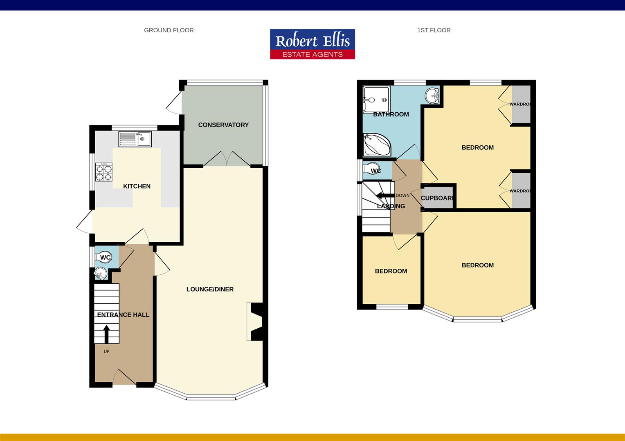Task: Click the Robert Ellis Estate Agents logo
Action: click(x=312, y=44)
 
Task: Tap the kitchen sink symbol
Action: click(x=135, y=139)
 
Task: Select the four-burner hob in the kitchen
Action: click(x=104, y=172)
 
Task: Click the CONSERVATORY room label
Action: click(x=223, y=125)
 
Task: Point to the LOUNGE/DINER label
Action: click(x=210, y=289)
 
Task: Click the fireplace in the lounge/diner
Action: click(x=255, y=322)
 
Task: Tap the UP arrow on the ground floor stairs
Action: click(x=106, y=334)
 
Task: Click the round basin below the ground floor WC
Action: click(x=100, y=273)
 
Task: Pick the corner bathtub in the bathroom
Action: click(x=377, y=145)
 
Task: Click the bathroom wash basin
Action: click(x=432, y=96)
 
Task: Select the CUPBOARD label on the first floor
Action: click(x=438, y=198)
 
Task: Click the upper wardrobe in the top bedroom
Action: click(x=521, y=104)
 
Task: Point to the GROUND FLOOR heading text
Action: click(x=169, y=30)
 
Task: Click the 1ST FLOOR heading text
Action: click(x=434, y=30)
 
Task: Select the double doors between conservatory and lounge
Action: click(x=227, y=159)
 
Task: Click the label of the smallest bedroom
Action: click(x=391, y=271)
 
